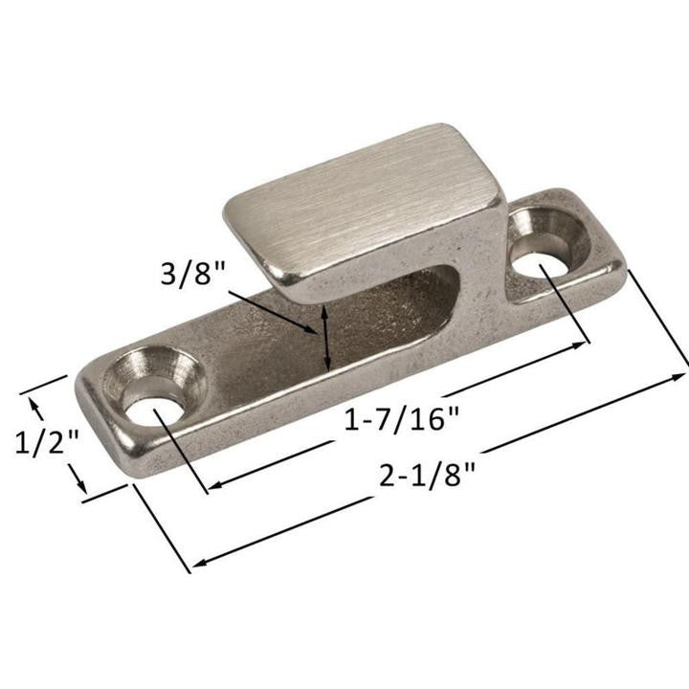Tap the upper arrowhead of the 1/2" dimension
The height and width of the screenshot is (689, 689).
click(37, 403)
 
